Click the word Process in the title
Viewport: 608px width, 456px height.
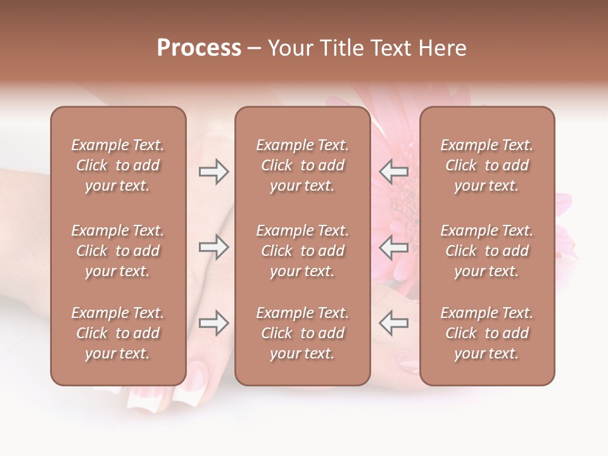(199, 48)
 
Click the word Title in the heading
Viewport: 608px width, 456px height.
(343, 48)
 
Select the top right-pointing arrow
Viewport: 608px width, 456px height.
(214, 172)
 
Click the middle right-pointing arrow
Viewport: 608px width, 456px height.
(214, 248)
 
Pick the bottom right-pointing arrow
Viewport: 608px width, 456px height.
(214, 323)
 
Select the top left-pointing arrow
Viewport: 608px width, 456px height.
(393, 172)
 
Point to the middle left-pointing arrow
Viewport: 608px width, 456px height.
(393, 248)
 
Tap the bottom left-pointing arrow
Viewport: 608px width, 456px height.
(393, 323)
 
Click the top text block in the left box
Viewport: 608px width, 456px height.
(118, 165)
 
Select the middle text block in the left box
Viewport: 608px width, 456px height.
(118, 251)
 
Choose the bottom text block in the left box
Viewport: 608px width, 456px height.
(118, 333)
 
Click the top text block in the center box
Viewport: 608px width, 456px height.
(302, 165)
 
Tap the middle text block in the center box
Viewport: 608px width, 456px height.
(302, 251)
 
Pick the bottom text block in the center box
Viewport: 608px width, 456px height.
(302, 333)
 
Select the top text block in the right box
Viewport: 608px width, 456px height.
(486, 165)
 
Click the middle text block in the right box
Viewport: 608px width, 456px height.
(486, 251)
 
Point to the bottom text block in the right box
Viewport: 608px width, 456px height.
(486, 333)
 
